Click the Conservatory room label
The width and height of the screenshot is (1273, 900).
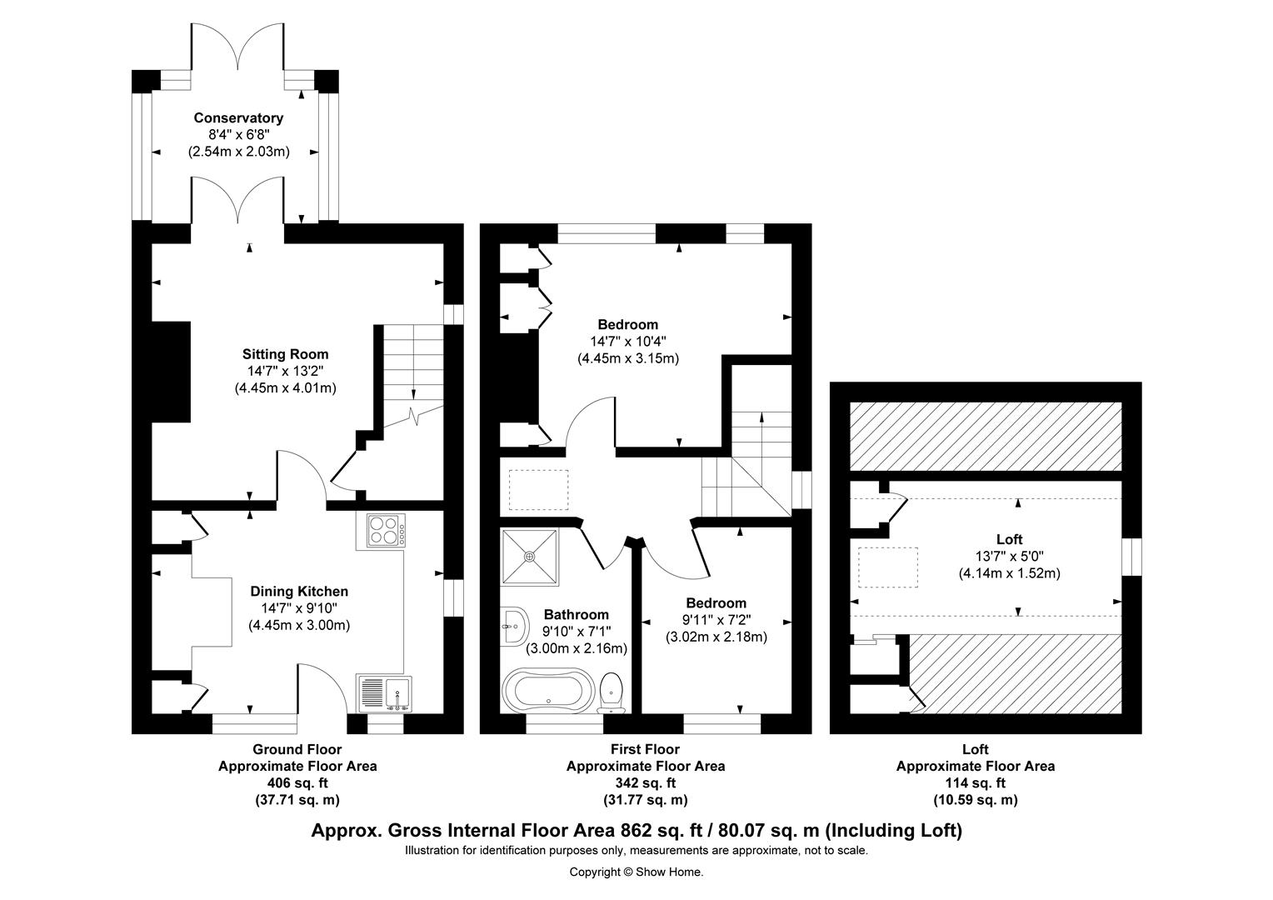[238, 118]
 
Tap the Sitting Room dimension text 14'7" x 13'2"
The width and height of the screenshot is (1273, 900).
[286, 371]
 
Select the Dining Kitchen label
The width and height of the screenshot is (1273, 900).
[299, 592]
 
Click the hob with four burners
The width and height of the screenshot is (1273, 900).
[384, 531]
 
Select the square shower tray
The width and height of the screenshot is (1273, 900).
[530, 557]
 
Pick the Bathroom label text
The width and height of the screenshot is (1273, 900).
[576, 615]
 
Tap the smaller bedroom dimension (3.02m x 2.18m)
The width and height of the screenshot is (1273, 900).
[716, 637]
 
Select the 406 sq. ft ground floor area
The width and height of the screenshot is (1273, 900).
[297, 782]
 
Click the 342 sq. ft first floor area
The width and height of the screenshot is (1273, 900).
[645, 782]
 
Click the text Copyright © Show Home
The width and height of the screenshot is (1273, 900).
[636, 872]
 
